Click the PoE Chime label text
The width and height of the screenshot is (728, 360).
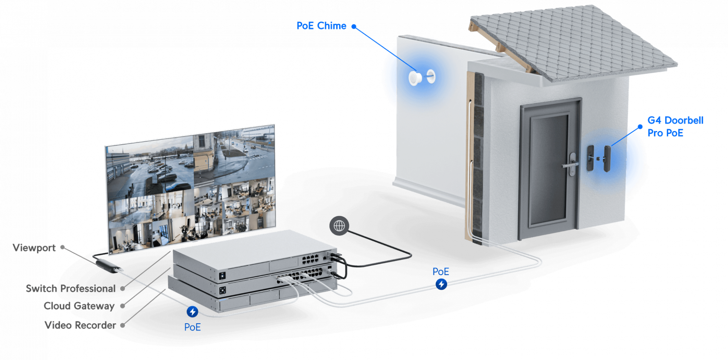[321, 26]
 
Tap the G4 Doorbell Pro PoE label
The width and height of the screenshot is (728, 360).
[675, 127]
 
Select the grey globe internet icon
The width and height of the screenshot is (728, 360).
[339, 226]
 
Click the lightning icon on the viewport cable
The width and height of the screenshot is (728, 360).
[192, 312]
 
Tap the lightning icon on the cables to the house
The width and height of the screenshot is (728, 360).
[441, 284]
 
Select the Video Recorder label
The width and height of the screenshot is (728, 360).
[80, 325]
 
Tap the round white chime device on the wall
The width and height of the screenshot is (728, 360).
[415, 78]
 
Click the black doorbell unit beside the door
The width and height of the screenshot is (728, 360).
[607, 158]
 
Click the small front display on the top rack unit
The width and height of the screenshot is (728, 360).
[222, 275]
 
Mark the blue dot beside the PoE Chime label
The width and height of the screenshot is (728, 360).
[354, 26]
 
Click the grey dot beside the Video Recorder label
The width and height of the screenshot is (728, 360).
[123, 325]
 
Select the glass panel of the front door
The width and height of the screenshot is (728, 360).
[548, 169]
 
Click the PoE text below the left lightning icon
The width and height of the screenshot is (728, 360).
[192, 327]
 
